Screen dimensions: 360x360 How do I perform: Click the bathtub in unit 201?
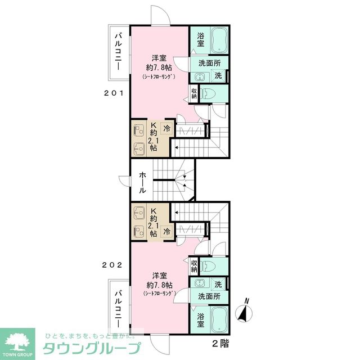click(x=219, y=40)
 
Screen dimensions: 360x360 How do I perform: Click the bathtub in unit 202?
click(x=219, y=319)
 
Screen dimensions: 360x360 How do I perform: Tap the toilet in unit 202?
click(x=208, y=267)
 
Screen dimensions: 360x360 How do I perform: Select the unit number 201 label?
click(x=114, y=93)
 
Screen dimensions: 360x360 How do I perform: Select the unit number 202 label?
click(x=112, y=265)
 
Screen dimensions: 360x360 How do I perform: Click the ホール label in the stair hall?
click(x=142, y=183)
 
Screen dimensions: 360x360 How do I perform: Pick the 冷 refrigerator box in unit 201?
click(x=167, y=128)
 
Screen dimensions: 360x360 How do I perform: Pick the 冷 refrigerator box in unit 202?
click(x=167, y=231)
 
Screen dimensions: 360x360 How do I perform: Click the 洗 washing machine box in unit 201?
click(x=218, y=75)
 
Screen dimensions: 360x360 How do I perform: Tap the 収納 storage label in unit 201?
click(x=194, y=93)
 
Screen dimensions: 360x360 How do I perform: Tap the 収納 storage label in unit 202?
click(x=194, y=266)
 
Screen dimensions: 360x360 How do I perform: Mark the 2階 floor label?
click(x=220, y=344)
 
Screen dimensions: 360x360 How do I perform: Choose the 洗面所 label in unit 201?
click(x=209, y=63)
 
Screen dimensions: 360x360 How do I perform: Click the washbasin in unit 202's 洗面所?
click(x=199, y=283)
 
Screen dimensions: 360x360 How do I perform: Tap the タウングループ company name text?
click(x=91, y=349)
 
